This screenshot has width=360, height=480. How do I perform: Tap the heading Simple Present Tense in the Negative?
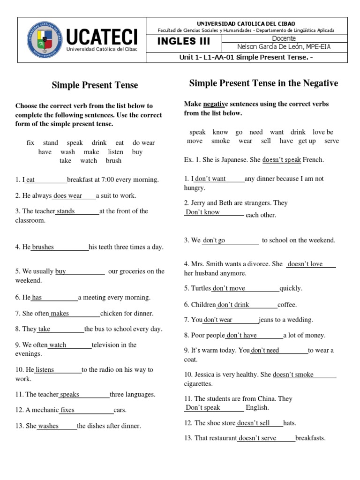pyautogui.click(x=263, y=83)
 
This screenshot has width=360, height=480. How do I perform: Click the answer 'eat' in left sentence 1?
pyautogui.click(x=30, y=180)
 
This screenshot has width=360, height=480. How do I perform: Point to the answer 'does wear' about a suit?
pyautogui.click(x=68, y=195)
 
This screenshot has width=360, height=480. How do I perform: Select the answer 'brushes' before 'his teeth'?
pyautogui.click(x=43, y=247)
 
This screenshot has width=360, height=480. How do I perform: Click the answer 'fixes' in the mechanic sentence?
pyautogui.click(x=67, y=410)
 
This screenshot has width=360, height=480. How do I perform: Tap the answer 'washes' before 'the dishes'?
pyautogui.click(x=48, y=426)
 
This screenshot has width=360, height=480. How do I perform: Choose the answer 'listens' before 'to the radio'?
pyautogui.click(x=45, y=370)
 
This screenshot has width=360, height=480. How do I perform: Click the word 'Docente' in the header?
pyautogui.click(x=284, y=38)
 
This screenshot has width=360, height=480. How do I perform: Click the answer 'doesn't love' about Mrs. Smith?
pyautogui.click(x=305, y=264)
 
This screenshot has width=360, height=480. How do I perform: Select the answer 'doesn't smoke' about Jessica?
pyautogui.click(x=293, y=375)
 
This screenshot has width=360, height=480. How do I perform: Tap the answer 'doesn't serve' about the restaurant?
pyautogui.click(x=258, y=438)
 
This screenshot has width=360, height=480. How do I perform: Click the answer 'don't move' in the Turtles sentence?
pyautogui.click(x=229, y=288)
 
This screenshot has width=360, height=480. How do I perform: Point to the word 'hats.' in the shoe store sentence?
pyautogui.click(x=290, y=423)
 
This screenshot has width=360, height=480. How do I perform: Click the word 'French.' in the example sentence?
pyautogui.click(x=313, y=160)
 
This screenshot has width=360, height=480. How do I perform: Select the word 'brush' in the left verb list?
pyautogui.click(x=113, y=161)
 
